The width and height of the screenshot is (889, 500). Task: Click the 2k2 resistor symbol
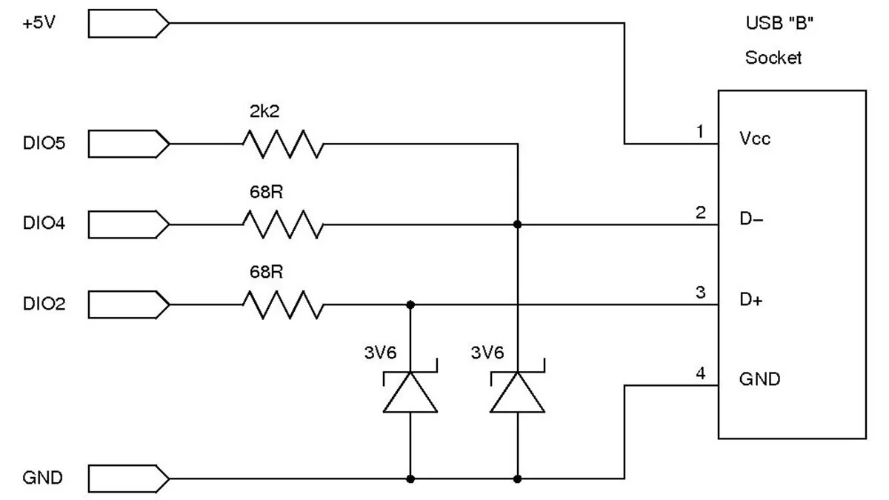click(282, 144)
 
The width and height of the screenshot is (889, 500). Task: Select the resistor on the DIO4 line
click(282, 224)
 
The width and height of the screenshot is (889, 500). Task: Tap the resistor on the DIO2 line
click(282, 304)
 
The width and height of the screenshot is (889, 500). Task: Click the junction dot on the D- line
click(518, 224)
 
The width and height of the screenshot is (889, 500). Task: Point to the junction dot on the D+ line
click(410, 304)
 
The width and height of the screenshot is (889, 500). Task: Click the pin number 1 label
click(700, 132)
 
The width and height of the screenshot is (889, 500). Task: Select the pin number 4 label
click(700, 373)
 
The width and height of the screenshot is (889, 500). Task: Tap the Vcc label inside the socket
click(755, 139)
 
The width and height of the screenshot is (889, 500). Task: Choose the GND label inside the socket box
click(759, 380)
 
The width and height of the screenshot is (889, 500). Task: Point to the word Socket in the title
click(773, 58)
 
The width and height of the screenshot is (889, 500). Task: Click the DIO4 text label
click(44, 224)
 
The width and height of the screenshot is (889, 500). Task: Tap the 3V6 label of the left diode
click(379, 353)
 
